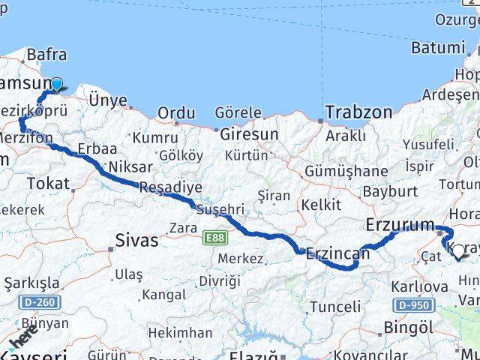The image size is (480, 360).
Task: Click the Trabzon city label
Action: point(358,112)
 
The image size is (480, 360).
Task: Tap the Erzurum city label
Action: point(400,224)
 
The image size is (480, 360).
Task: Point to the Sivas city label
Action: point(136,241)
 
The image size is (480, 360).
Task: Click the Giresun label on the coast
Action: point(249,134)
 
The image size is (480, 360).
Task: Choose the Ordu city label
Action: point(176,112)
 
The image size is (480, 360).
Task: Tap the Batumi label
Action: point(437,47)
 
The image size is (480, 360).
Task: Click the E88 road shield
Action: point(214,238)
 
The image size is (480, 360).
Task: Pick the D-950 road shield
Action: point(412,305)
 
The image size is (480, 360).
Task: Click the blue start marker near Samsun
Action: point(55,85)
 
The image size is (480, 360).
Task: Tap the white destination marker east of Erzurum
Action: point(458,253)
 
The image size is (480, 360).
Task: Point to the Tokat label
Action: point(47,183)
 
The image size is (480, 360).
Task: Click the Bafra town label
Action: point(46,54)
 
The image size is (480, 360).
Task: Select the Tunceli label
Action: point(335,307)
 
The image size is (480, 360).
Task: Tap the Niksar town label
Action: point(130,166)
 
